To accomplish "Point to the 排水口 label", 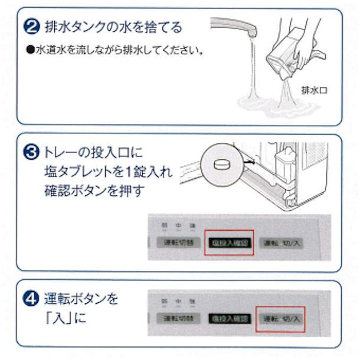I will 313,90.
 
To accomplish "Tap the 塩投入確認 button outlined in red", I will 229,243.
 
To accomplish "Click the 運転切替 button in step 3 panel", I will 174,243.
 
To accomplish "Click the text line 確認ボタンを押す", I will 94,192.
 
